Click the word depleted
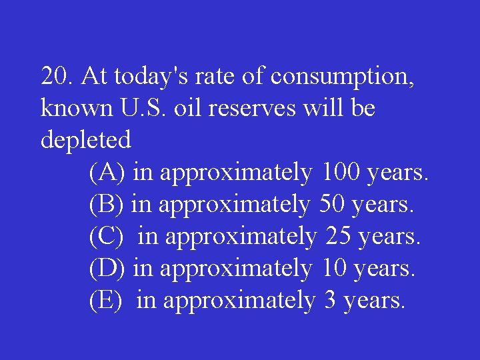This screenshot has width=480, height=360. (x=86, y=141)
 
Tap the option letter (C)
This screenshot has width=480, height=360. (x=107, y=237)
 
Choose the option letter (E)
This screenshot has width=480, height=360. (x=106, y=301)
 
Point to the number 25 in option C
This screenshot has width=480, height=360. (x=339, y=237)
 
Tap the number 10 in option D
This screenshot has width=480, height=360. (x=334, y=269)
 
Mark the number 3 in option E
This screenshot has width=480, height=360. (x=330, y=301)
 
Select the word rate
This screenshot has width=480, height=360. (x=212, y=77)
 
